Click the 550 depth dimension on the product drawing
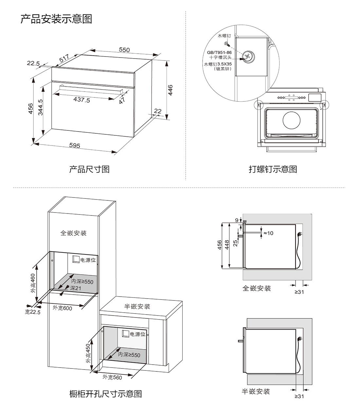tap(124, 50)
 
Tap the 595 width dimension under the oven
tap(75, 145)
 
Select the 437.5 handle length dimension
tap(81, 100)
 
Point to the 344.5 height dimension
tap(41, 108)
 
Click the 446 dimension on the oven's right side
tap(170, 90)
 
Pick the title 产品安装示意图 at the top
tap(56, 19)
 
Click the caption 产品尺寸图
tap(89, 169)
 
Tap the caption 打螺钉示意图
tap(273, 169)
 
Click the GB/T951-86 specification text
tap(219, 52)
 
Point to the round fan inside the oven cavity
tap(292, 120)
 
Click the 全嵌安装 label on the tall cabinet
tap(74, 233)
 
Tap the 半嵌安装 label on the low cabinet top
tap(137, 306)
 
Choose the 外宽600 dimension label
tap(62, 308)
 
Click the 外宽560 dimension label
tap(112, 377)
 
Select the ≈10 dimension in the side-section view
tap(268, 233)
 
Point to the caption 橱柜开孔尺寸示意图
tap(106, 394)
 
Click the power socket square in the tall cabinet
tap(76, 259)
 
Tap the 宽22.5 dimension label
tap(32, 312)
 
